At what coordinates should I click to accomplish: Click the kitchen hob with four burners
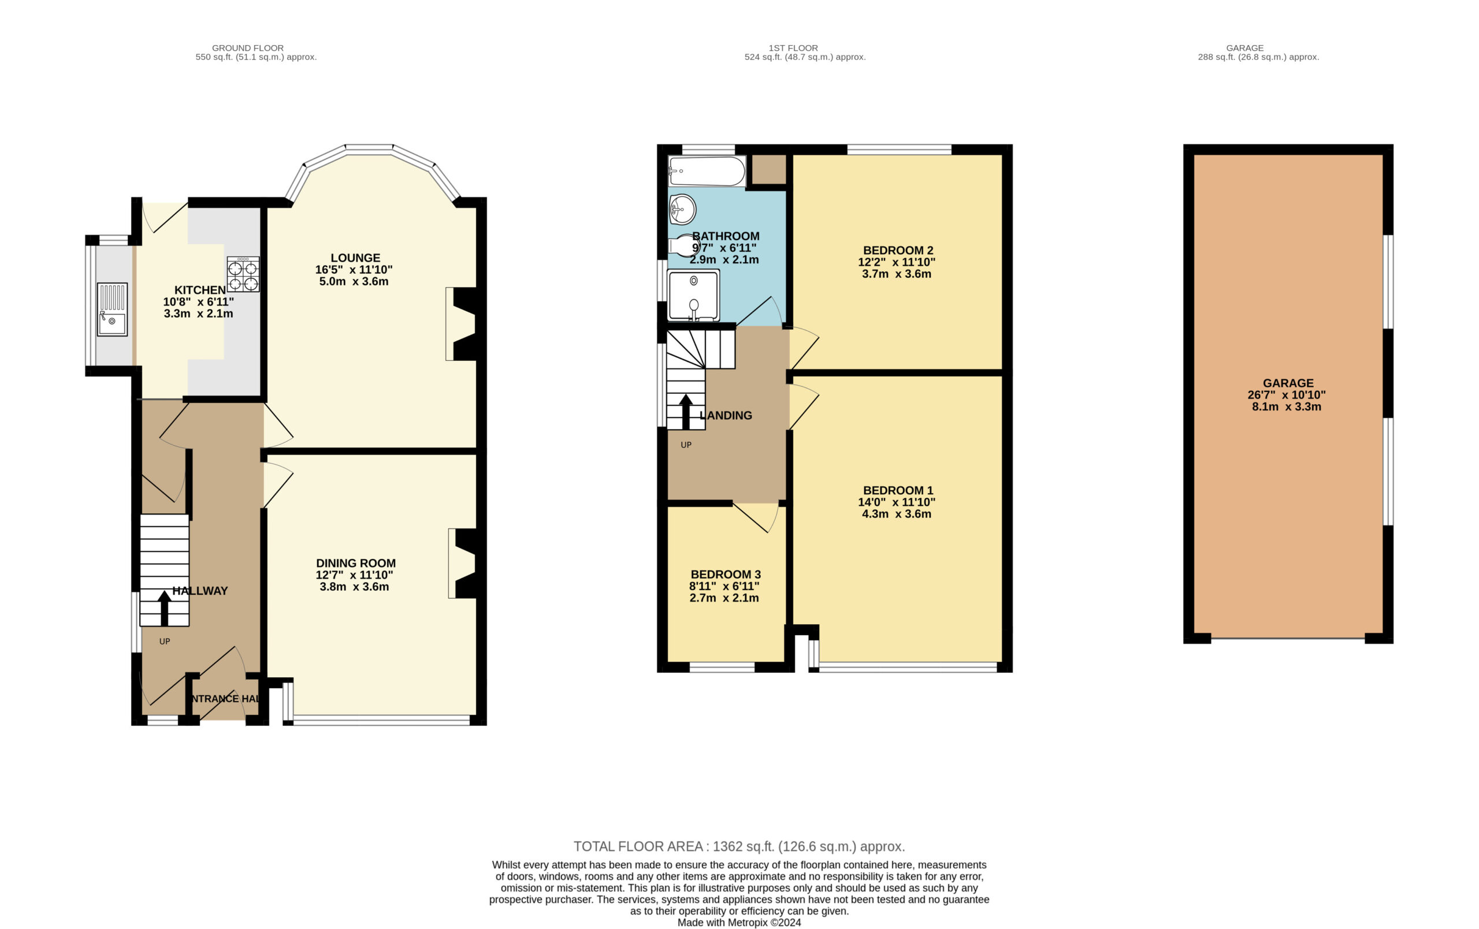(x=243, y=274)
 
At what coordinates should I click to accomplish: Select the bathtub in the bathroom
(x=707, y=171)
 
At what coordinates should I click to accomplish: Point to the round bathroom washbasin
(x=682, y=210)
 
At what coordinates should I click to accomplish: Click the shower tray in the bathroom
(x=693, y=296)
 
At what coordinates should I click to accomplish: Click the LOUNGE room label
(x=355, y=258)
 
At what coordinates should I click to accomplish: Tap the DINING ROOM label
(x=356, y=563)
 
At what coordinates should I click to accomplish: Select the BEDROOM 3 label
(x=726, y=574)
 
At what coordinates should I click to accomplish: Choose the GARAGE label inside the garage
(x=1288, y=383)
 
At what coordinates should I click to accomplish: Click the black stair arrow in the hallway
(x=164, y=608)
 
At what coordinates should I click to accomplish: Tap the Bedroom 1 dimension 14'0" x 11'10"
(x=897, y=502)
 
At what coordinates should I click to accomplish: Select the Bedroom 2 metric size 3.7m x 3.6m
(x=897, y=274)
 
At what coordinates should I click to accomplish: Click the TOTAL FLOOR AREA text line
(x=739, y=846)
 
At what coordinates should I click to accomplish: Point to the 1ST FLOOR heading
(x=793, y=48)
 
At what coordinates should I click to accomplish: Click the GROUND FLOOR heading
(x=247, y=48)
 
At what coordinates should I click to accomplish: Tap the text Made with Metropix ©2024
(x=739, y=922)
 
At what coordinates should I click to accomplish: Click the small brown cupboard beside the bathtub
(x=768, y=170)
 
